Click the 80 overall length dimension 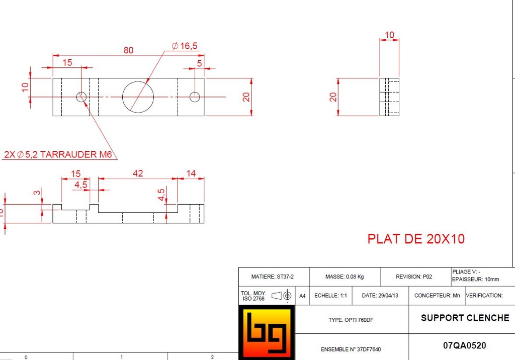click(x=129, y=50)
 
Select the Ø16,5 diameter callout click(x=185, y=46)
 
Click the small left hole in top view click(x=81, y=97)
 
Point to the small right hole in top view click(x=195, y=97)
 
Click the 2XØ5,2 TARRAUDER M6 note click(x=57, y=154)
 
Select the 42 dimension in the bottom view click(x=138, y=173)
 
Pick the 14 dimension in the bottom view click(x=191, y=173)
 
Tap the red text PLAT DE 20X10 click(x=416, y=239)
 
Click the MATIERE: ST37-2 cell click(x=273, y=277)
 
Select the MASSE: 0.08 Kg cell click(x=345, y=277)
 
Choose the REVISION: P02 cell click(x=414, y=277)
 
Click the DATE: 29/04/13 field click(x=380, y=296)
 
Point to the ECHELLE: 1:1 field click(x=330, y=296)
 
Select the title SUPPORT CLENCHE click(x=465, y=318)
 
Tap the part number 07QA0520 click(x=465, y=346)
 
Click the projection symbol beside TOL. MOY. click(x=282, y=296)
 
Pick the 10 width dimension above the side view click(x=389, y=35)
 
